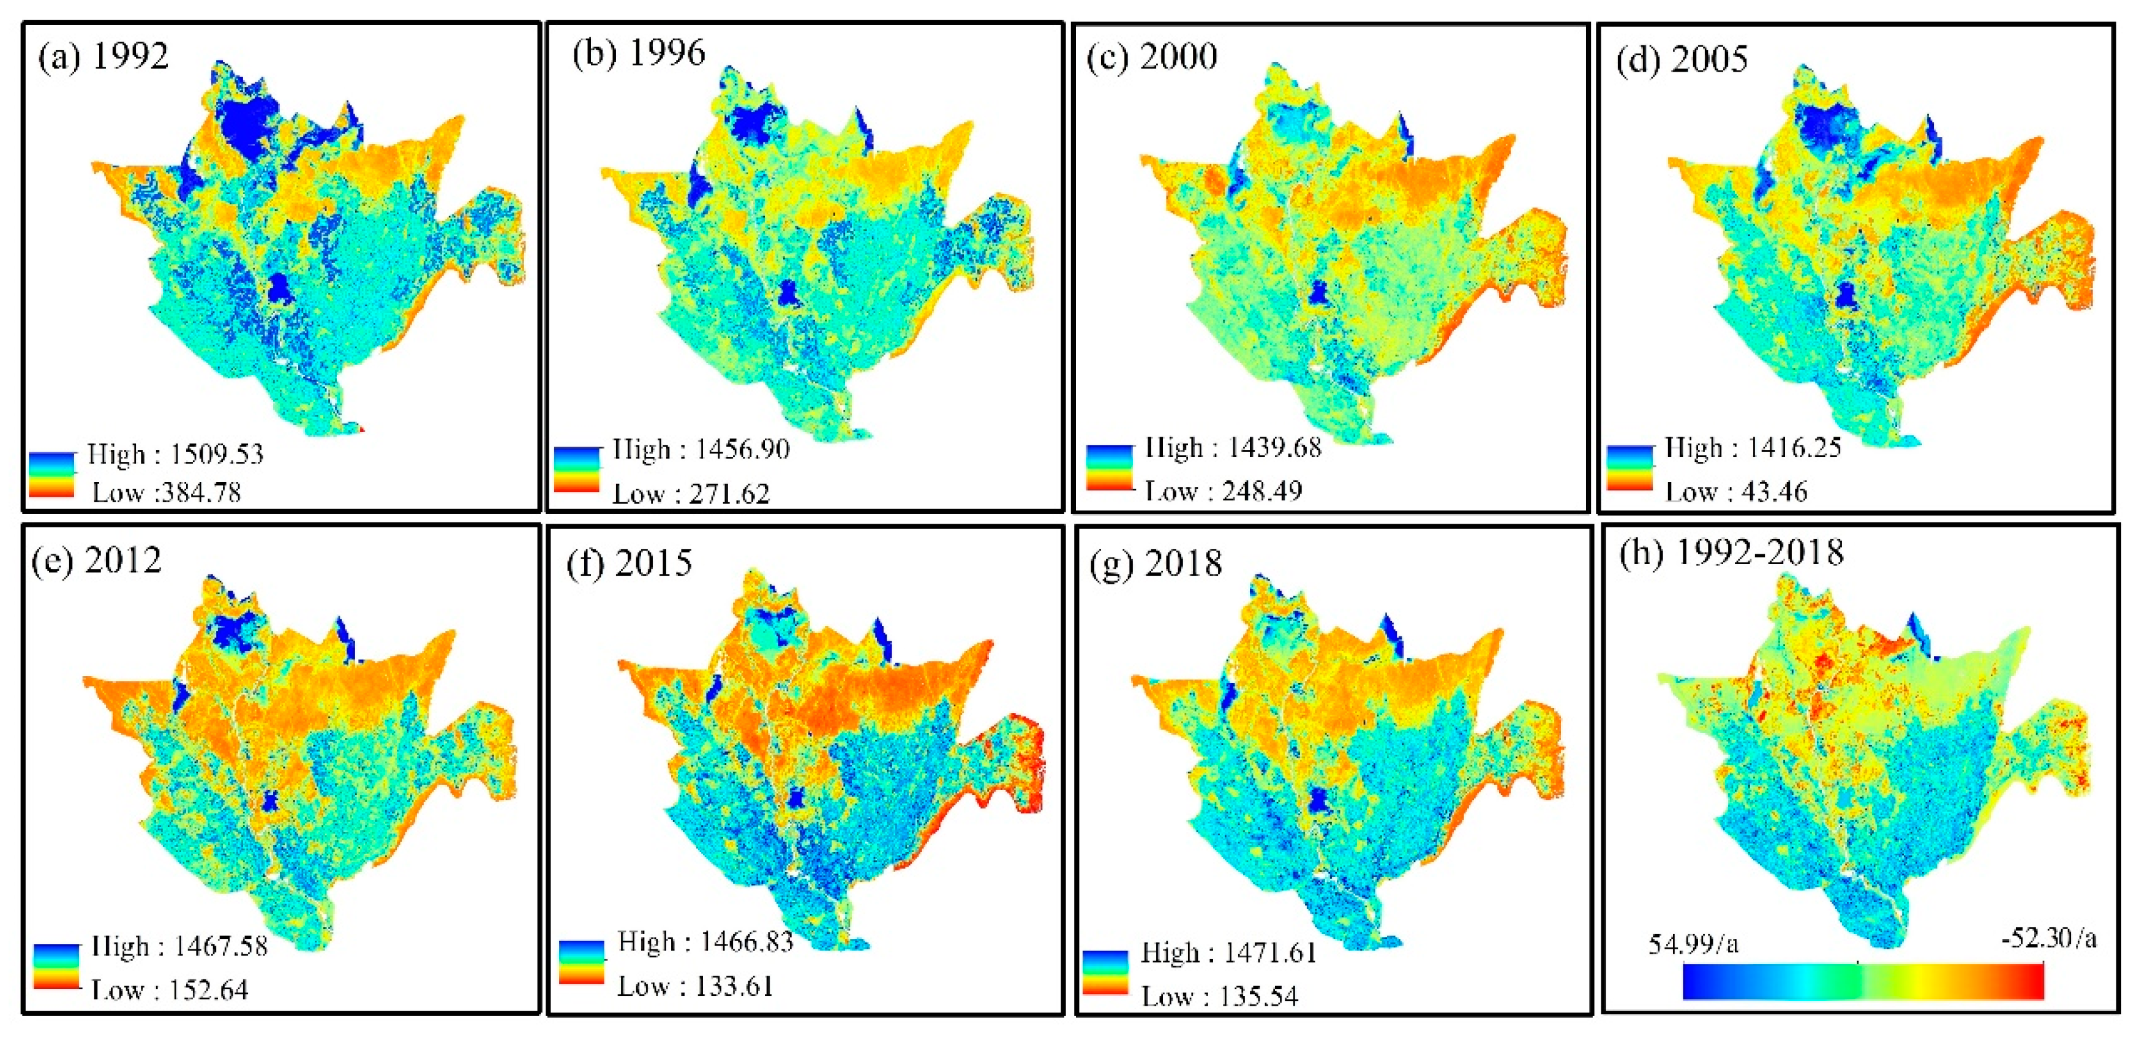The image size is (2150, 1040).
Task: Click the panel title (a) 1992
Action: [103, 57]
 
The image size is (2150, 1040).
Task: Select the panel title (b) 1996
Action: [639, 53]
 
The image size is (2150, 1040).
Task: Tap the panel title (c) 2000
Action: [1152, 57]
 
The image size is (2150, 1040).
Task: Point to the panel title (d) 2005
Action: [1681, 60]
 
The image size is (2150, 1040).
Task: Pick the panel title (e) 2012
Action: [96, 560]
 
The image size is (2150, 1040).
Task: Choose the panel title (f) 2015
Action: [628, 563]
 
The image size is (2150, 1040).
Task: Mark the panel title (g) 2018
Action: [1156, 564]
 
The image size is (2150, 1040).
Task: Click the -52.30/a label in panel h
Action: [2048, 939]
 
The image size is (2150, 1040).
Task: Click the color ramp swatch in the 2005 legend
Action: [1629, 469]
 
